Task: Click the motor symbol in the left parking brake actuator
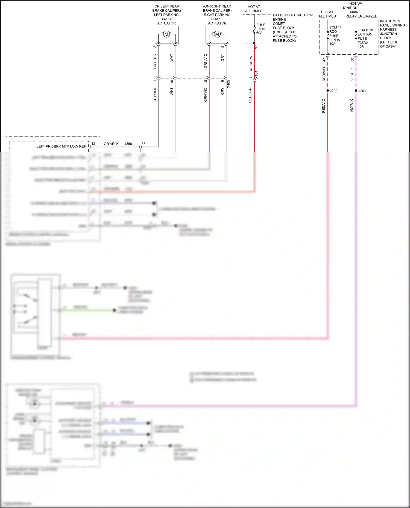tap(166, 34)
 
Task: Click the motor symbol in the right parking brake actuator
tap(217, 34)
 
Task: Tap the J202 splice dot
tap(328, 91)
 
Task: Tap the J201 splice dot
tap(356, 91)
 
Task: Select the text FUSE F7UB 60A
tap(260, 29)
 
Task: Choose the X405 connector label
tap(229, 84)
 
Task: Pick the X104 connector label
tap(256, 75)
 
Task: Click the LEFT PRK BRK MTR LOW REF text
tap(61, 146)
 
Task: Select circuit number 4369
tap(128, 144)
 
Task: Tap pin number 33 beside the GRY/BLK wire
tap(143, 144)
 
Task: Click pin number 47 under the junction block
tap(324, 60)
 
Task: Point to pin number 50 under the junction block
tap(352, 60)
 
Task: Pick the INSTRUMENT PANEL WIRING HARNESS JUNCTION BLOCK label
tap(392, 34)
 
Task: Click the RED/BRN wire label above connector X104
tap(251, 63)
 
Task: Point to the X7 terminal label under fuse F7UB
tap(256, 47)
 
